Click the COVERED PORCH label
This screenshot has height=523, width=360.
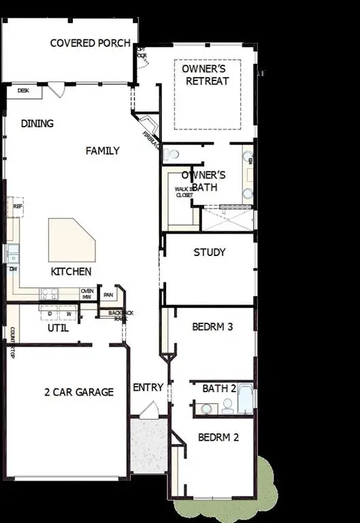click(91, 43)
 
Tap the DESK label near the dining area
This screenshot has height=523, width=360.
click(23, 90)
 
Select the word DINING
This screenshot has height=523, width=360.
click(37, 124)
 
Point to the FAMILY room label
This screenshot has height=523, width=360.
click(102, 150)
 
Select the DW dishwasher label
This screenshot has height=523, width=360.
click(13, 268)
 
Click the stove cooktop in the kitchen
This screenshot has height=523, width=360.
click(49, 294)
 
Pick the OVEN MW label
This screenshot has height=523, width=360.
click(86, 294)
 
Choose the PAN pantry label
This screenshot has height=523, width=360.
click(108, 295)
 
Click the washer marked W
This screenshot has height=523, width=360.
click(68, 313)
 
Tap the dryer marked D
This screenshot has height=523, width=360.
click(50, 313)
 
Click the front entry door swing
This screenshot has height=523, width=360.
click(148, 411)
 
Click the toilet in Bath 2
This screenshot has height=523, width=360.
click(206, 409)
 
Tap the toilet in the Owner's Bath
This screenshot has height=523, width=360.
click(171, 155)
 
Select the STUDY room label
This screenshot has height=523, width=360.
click(210, 252)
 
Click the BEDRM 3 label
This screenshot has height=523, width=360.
click(212, 327)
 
